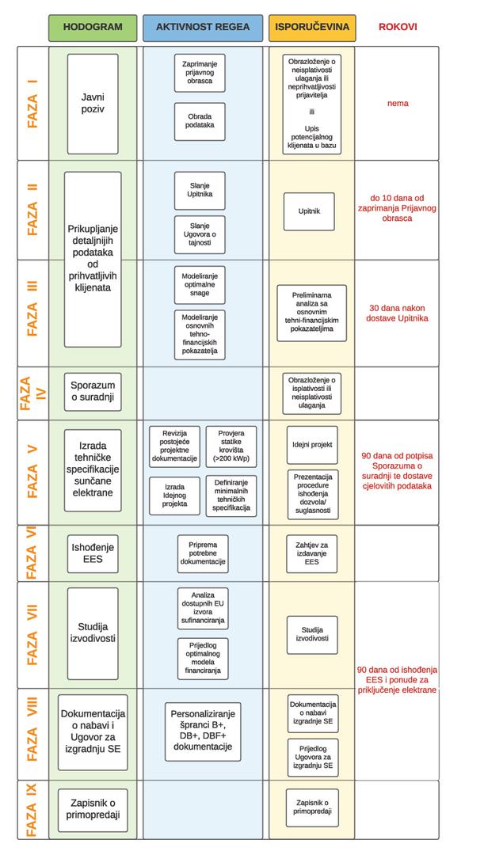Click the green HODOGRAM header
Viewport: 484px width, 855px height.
tap(93, 27)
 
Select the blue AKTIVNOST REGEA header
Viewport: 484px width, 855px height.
tap(203, 27)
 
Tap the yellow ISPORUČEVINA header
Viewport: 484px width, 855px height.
tap(311, 27)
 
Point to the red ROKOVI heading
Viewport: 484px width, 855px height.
tap(398, 27)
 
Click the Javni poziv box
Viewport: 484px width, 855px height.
tap(93, 104)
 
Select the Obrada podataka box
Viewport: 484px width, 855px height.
tap(200, 120)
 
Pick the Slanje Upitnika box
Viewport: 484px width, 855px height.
tap(200, 190)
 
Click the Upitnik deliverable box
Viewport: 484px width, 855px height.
tap(309, 211)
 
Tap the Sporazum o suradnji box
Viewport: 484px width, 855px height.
tap(93, 393)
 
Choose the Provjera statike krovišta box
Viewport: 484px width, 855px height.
tap(231, 446)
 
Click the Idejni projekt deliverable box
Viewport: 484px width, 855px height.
tap(312, 445)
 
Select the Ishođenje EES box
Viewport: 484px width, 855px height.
tap(93, 553)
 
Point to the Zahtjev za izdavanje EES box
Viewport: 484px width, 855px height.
tap(312, 553)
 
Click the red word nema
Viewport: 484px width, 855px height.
tap(398, 104)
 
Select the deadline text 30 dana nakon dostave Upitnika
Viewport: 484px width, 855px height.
tap(398, 313)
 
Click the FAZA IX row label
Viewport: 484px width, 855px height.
tap(32, 808)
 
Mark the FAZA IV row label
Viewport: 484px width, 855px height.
tap(32, 393)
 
